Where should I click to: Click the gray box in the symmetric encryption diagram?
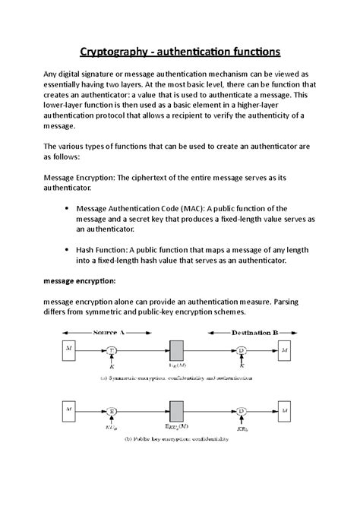click(x=178, y=350)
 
